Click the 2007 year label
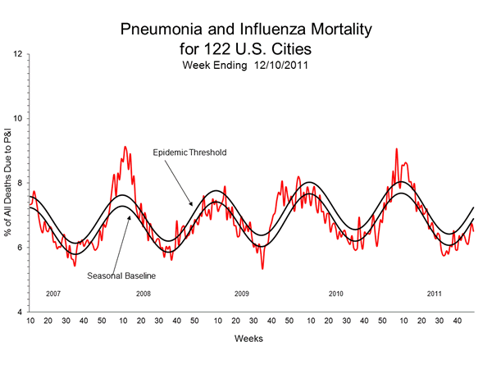pos(53,293)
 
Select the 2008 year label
pos(143,293)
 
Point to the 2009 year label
pos(241,293)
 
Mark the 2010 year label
pos(335,293)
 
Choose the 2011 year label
pos(435,293)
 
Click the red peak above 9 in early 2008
pos(124,147)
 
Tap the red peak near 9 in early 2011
pos(396,149)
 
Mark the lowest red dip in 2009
pos(262,268)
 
